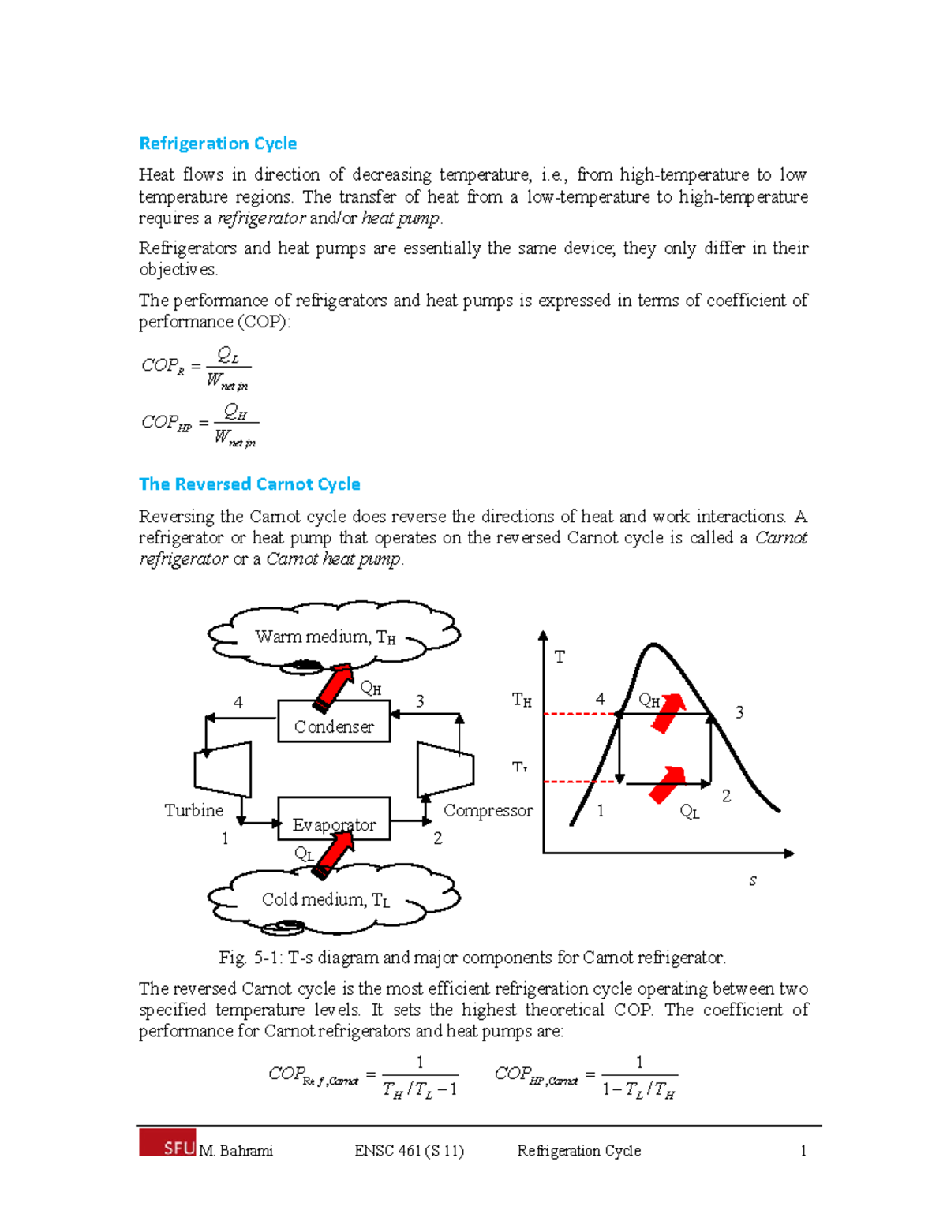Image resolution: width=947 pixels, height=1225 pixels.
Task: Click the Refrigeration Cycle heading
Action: click(218, 144)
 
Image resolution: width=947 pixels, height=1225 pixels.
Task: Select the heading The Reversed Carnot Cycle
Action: click(249, 484)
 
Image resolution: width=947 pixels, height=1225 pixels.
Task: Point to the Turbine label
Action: click(193, 810)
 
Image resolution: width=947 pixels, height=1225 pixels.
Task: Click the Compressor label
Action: click(488, 810)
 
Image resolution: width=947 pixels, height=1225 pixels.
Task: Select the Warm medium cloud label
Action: click(324, 637)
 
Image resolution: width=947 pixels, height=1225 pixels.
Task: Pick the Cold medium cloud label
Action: click(325, 899)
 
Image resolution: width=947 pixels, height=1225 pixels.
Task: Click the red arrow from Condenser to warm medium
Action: click(333, 687)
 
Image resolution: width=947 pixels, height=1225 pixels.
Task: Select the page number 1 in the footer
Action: click(803, 1151)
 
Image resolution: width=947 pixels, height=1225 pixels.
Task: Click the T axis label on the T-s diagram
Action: click(560, 657)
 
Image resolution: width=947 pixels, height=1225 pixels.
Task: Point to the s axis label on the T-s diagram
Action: click(753, 881)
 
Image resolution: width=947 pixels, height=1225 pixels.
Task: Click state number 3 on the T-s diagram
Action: click(739, 712)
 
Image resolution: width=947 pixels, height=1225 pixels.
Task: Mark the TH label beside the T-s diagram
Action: click(522, 700)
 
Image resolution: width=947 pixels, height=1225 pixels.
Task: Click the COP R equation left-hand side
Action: click(163, 366)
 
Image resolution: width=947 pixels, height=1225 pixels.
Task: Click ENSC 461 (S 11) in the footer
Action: click(409, 1151)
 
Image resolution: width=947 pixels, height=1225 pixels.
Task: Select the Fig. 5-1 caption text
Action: click(472, 958)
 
